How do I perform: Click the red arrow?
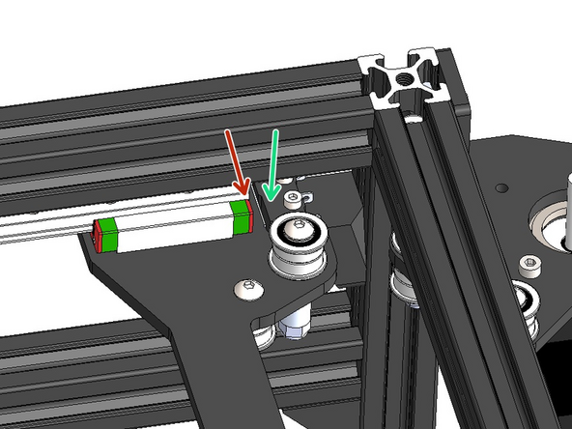coord(235,158)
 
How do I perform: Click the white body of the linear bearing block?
coord(174,226)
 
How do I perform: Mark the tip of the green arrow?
coord(269,199)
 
